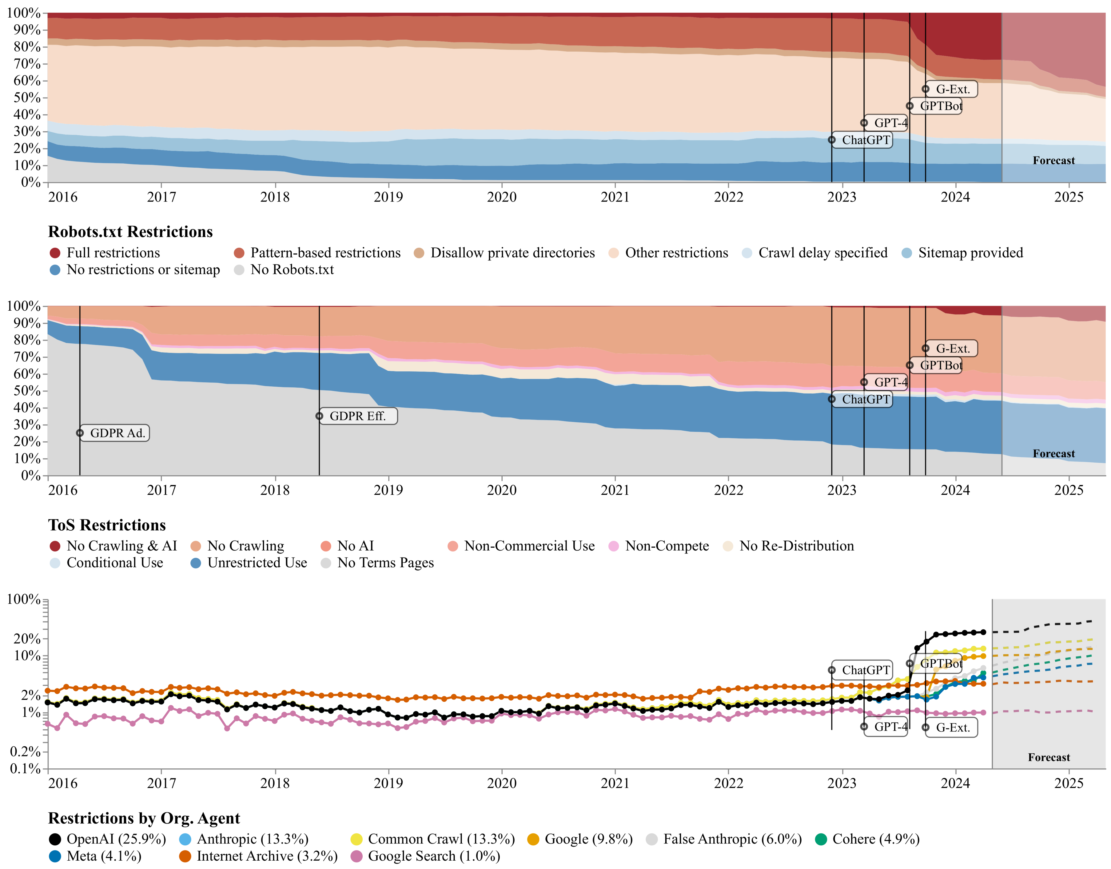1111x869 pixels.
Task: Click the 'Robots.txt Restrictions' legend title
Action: click(x=130, y=232)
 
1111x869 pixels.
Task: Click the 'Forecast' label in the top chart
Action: click(x=1053, y=161)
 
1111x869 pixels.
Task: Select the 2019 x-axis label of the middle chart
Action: click(x=388, y=491)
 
